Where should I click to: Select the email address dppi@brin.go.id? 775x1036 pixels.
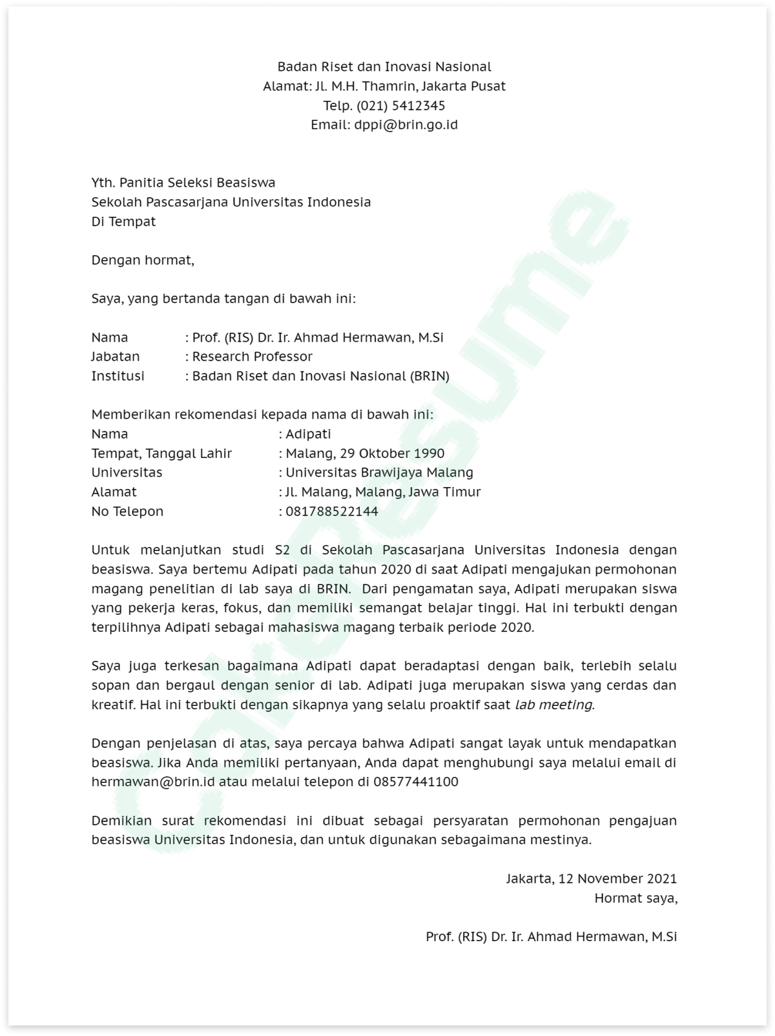[x=406, y=125]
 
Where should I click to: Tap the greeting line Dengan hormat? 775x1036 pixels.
[x=142, y=260]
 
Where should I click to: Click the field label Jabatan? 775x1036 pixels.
[x=115, y=357]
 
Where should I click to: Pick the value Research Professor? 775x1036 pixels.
[x=252, y=357]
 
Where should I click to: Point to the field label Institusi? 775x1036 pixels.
[x=118, y=376]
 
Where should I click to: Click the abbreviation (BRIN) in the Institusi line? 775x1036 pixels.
[x=429, y=376]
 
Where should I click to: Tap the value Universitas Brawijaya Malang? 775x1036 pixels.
[x=379, y=473]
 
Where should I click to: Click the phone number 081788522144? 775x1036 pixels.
[x=332, y=512]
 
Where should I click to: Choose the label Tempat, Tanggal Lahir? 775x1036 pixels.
[x=161, y=453]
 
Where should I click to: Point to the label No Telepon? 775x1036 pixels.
[x=127, y=512]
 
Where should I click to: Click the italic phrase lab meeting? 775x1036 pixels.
[x=553, y=705]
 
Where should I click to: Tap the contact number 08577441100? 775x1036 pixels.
[x=416, y=782]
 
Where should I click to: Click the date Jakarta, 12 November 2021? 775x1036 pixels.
[x=591, y=878]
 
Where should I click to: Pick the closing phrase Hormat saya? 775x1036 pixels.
[x=635, y=898]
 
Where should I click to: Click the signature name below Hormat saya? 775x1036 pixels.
[x=551, y=937]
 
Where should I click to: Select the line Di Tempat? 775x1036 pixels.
[x=123, y=222]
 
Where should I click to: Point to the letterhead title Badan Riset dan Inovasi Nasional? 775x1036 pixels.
[x=384, y=67]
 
